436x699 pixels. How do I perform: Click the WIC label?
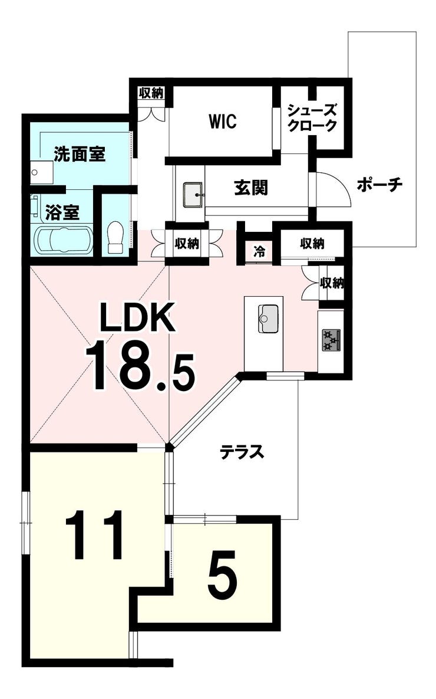pyautogui.click(x=222, y=122)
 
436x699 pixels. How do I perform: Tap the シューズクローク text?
pyautogui.click(x=312, y=118)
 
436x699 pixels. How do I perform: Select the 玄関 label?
pyautogui.click(x=251, y=188)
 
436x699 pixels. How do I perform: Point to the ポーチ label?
pyautogui.click(x=379, y=184)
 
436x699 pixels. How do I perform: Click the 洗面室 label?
pyautogui.click(x=80, y=154)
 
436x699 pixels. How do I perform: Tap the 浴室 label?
pyautogui.click(x=62, y=213)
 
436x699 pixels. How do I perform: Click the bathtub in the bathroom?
pyautogui.click(x=63, y=240)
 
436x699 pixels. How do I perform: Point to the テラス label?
pyautogui.click(x=242, y=452)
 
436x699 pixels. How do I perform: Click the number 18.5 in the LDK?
pyautogui.click(x=141, y=365)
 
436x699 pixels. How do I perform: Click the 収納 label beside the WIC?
pyautogui.click(x=151, y=93)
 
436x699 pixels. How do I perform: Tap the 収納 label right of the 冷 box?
pyautogui.click(x=312, y=244)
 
